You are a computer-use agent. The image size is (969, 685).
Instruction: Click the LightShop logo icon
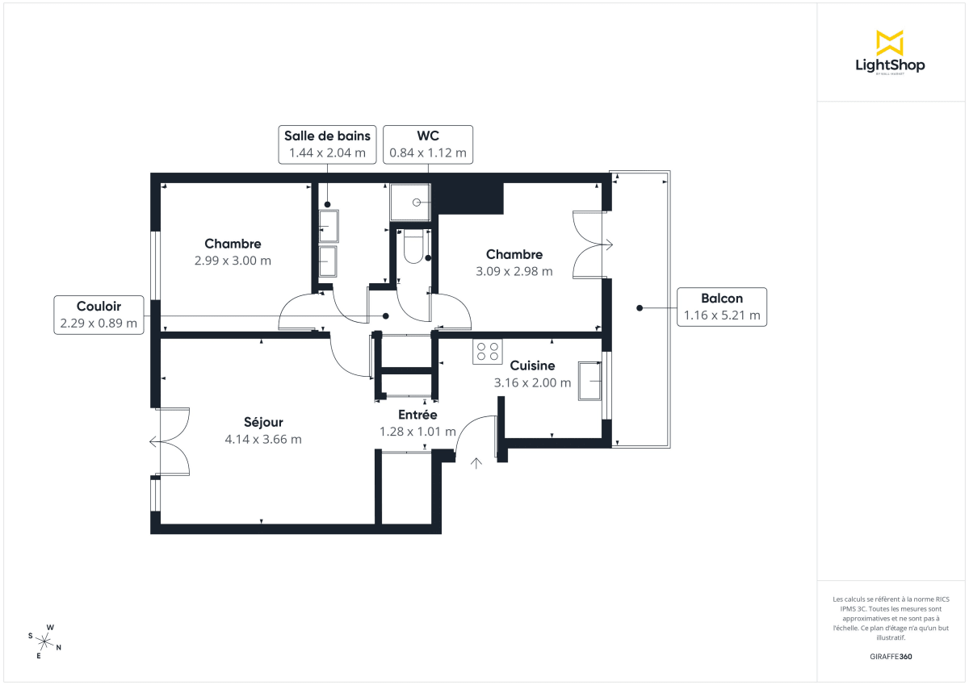pos(890,43)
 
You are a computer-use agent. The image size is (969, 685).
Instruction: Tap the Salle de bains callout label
pos(327,144)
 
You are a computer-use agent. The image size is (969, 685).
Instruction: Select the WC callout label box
pos(428,144)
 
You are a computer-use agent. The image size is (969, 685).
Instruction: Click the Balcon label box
pos(722,307)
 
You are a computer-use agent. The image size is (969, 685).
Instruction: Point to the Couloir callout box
pos(99,315)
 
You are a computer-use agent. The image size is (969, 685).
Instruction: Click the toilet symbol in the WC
pos(412,246)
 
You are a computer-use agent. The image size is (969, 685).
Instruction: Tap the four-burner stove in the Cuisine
pos(488,352)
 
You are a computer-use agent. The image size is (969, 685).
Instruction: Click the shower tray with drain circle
pos(411,202)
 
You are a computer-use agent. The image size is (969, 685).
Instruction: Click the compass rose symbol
pos(46,642)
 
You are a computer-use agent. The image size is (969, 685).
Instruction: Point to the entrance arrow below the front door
pos(476,463)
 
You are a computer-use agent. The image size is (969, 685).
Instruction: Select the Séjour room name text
pos(263,422)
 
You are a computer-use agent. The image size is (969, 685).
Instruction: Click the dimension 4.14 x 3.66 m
pos(263,440)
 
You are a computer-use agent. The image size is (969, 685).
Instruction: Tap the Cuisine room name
pos(532,365)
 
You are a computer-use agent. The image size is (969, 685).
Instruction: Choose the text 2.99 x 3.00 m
pos(233,261)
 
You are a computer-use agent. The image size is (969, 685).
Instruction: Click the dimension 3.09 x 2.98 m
pos(514,272)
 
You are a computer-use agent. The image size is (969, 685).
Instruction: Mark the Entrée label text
pos(417,415)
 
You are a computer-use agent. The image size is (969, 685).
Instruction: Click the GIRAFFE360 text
pos(890,657)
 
